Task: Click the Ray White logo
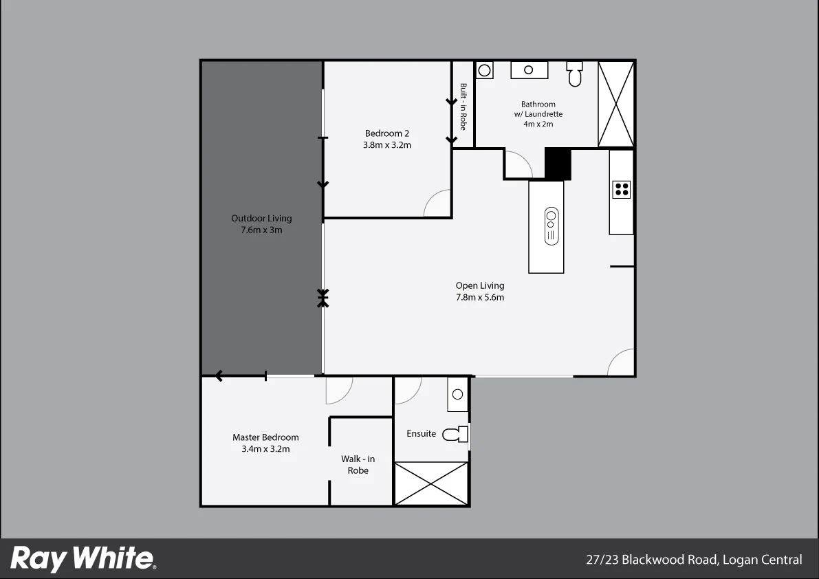point(83,558)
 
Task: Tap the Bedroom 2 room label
point(387,133)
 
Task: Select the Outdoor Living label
point(261,219)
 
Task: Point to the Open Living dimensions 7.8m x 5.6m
point(480,298)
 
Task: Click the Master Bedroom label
point(265,437)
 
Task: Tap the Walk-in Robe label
point(358,465)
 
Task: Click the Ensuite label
point(421,434)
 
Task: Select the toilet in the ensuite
point(456,435)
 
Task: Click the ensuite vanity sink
point(457,395)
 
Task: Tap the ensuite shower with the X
point(431,484)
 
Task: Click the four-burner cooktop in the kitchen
point(622,189)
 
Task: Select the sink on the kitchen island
point(550,226)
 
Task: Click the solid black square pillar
point(558,164)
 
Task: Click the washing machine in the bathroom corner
point(485,70)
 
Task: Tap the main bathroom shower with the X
point(615,104)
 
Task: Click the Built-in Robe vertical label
point(463,107)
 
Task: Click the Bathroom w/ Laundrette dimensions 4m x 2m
point(538,124)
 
